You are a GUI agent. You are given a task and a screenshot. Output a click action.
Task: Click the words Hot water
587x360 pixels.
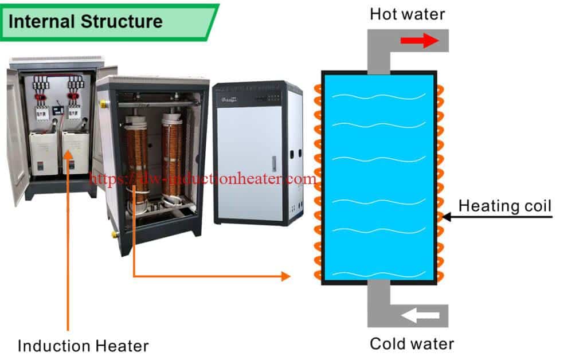[x=407, y=14]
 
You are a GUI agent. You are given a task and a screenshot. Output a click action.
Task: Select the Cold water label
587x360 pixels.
[x=412, y=343]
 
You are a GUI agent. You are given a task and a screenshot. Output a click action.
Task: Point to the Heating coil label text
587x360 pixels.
[x=504, y=205]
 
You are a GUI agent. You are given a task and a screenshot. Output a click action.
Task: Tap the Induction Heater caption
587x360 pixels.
[x=83, y=346]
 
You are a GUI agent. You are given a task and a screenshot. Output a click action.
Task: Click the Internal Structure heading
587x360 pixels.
[x=85, y=22]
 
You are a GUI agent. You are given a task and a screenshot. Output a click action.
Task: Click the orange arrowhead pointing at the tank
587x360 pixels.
[x=285, y=276]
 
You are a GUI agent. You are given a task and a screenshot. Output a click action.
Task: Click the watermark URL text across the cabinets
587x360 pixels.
[x=204, y=179]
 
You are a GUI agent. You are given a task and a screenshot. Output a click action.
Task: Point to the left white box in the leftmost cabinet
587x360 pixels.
[x=44, y=154]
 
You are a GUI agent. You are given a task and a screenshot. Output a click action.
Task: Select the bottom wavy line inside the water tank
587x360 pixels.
[x=379, y=273]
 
